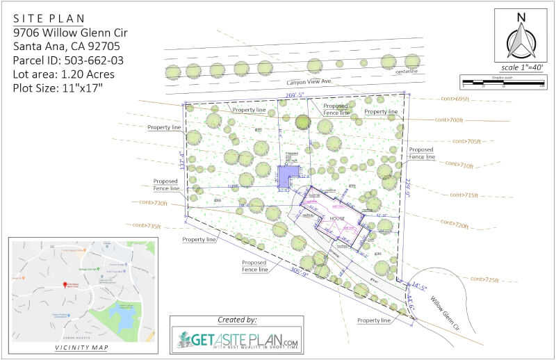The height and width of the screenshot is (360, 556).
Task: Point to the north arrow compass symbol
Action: (519, 38)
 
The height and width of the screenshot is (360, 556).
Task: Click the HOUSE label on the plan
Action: (338, 218)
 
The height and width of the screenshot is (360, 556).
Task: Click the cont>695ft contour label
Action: (456, 99)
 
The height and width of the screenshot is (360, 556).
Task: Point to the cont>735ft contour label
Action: (145, 225)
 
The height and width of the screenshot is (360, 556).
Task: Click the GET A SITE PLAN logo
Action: (236, 341)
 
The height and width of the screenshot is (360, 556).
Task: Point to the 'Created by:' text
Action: (236, 320)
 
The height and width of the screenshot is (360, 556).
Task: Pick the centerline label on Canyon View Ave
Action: (407, 71)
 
